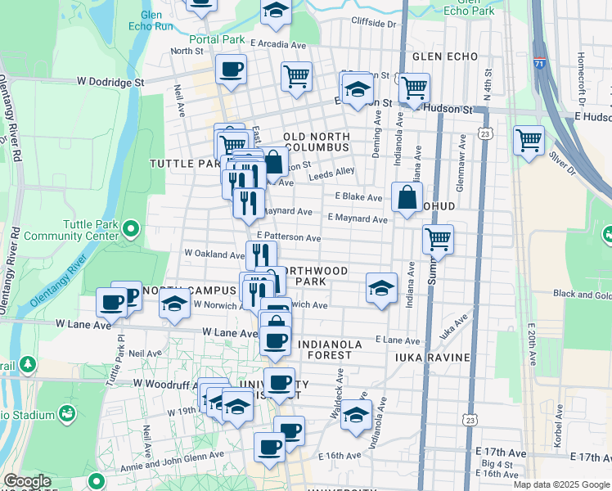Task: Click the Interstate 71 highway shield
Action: (539, 62)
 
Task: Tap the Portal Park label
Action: (218, 38)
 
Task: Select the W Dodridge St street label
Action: (111, 82)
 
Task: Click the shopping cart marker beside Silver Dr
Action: (529, 140)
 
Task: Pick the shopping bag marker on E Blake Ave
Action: (407, 196)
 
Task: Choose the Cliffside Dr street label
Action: (373, 24)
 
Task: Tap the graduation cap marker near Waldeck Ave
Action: (356, 414)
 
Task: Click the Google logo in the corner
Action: (28, 481)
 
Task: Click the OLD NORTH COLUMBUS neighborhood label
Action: (317, 142)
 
